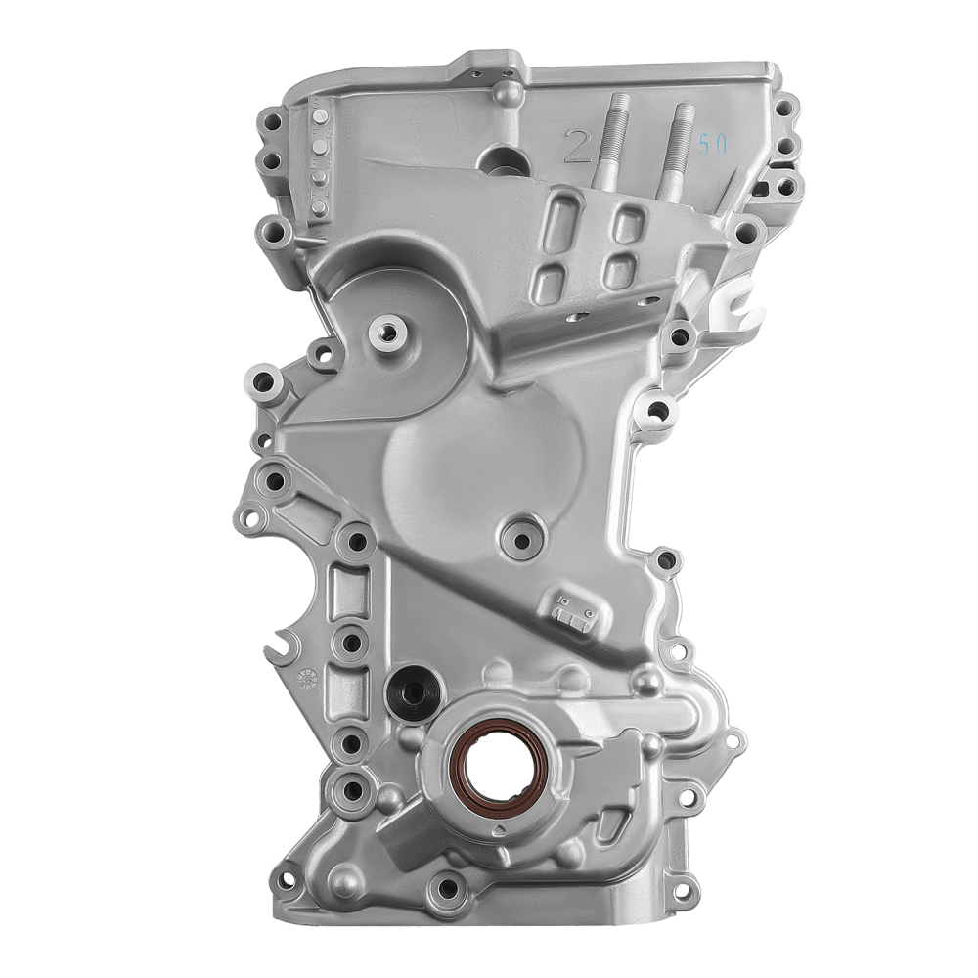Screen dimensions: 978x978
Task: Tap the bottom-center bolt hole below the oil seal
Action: coord(449,888)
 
